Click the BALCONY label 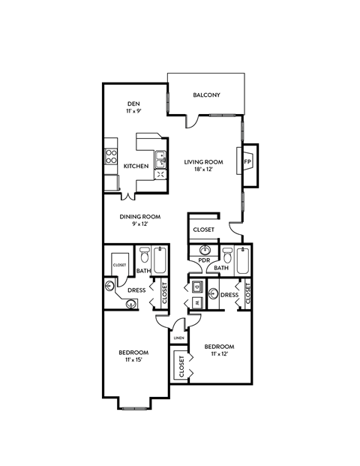click(206, 95)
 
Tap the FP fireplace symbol click(247, 161)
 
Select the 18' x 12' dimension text click(205, 170)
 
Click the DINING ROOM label click(141, 217)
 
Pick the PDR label click(203, 261)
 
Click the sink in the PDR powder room click(205, 251)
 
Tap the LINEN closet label click(178, 338)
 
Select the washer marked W click(196, 302)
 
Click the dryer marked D click(196, 286)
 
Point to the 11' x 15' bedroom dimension click(133, 360)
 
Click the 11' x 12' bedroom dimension click(219, 354)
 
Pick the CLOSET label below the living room click(203, 230)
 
